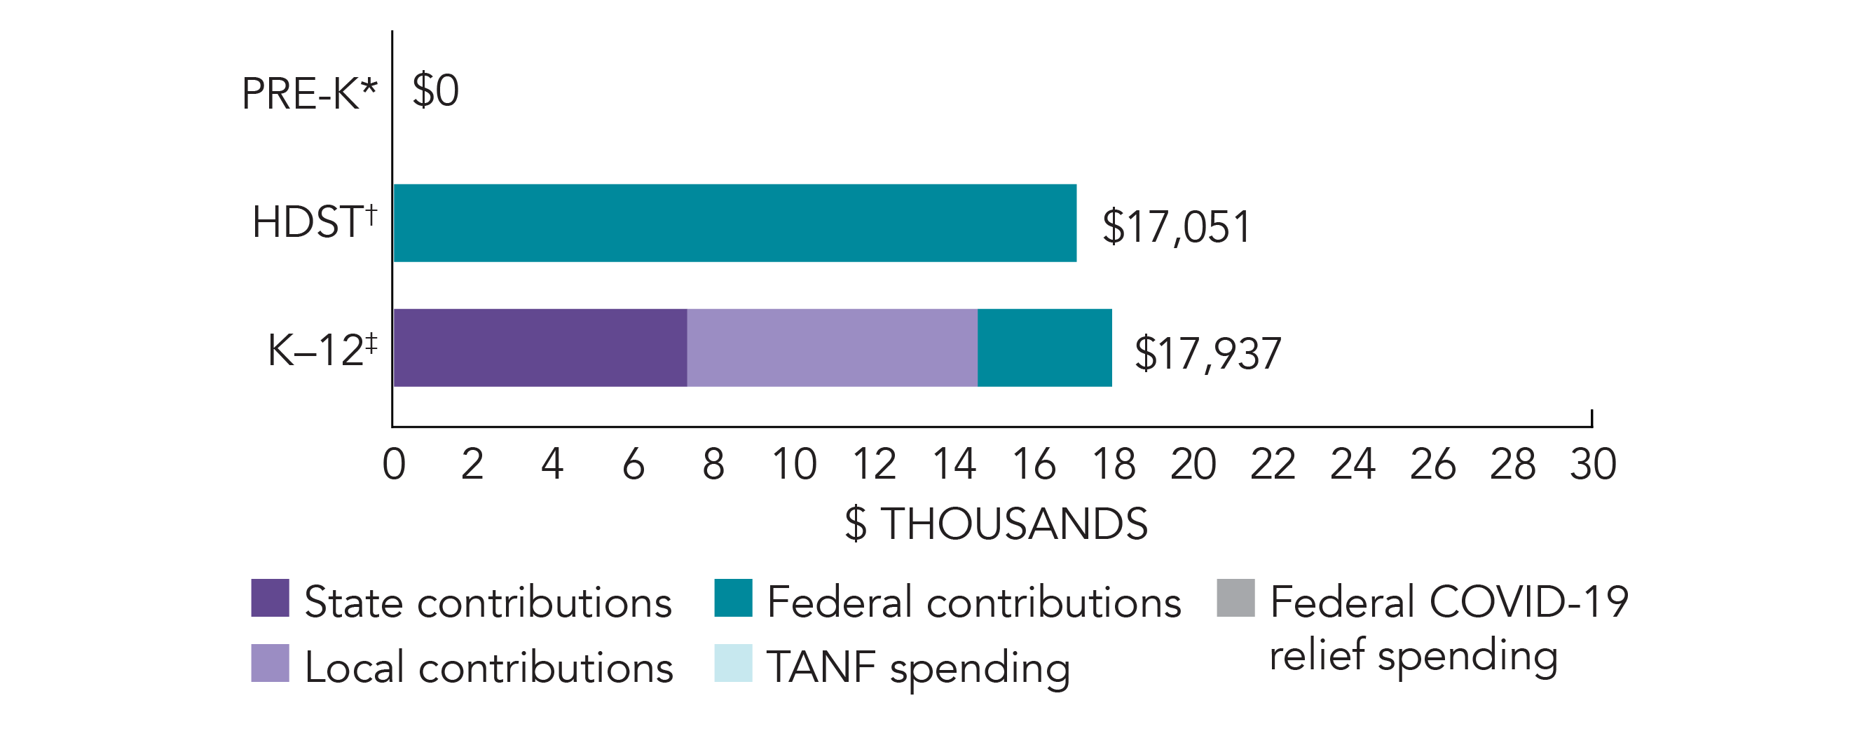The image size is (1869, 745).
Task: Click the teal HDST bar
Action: click(x=734, y=223)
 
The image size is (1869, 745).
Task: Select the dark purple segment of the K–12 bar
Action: click(x=540, y=348)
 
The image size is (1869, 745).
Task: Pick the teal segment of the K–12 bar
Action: click(x=1044, y=348)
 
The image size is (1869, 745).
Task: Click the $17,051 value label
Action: click(x=1176, y=226)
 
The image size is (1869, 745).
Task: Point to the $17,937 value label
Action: click(x=1207, y=354)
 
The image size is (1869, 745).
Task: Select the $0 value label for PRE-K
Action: click(x=435, y=91)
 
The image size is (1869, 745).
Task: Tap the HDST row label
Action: click(x=314, y=221)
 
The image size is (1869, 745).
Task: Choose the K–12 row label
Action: click(x=322, y=350)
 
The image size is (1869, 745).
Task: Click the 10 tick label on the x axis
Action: click(x=794, y=464)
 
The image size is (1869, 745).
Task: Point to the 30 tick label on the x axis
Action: click(x=1593, y=464)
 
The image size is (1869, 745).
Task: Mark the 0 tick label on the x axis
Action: click(x=394, y=464)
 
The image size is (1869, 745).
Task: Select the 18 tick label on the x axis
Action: click(x=1114, y=464)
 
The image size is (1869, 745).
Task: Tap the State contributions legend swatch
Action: click(x=270, y=598)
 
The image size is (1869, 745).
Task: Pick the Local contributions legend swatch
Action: click(x=270, y=663)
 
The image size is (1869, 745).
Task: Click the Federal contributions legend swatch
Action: click(x=733, y=598)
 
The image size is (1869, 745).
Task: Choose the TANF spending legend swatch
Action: click(x=733, y=663)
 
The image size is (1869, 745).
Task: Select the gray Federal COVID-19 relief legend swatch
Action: click(x=1235, y=598)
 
